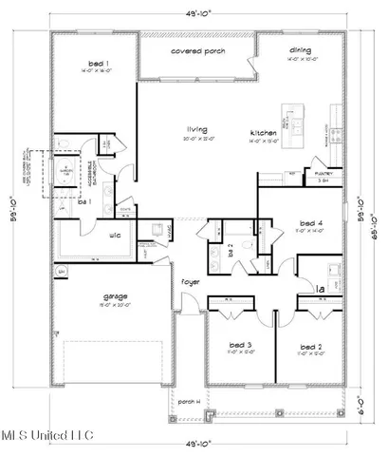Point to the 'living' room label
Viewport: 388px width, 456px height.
tap(197, 130)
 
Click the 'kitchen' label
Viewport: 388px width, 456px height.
tap(263, 131)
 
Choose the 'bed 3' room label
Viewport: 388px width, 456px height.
tap(240, 344)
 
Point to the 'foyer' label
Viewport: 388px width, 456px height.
tap(192, 282)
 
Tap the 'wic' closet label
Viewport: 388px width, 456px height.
tap(113, 235)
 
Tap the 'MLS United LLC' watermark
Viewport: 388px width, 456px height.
tap(47, 435)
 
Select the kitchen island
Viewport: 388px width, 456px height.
tap(301, 128)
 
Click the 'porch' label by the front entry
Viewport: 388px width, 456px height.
tap(189, 402)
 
